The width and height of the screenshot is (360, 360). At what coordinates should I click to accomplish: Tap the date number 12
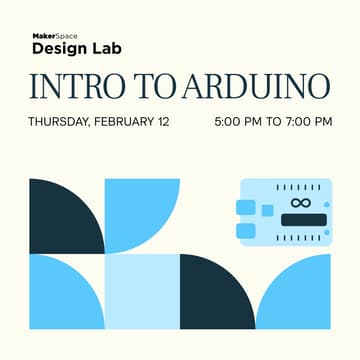coord(162,123)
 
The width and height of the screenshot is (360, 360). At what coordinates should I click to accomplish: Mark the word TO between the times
coord(273,123)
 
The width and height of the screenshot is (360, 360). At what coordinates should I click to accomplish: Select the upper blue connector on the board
coord(245,207)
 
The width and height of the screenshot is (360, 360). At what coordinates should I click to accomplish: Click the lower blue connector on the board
coord(245,230)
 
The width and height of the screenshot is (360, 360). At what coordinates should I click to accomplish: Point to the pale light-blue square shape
coord(141,292)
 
